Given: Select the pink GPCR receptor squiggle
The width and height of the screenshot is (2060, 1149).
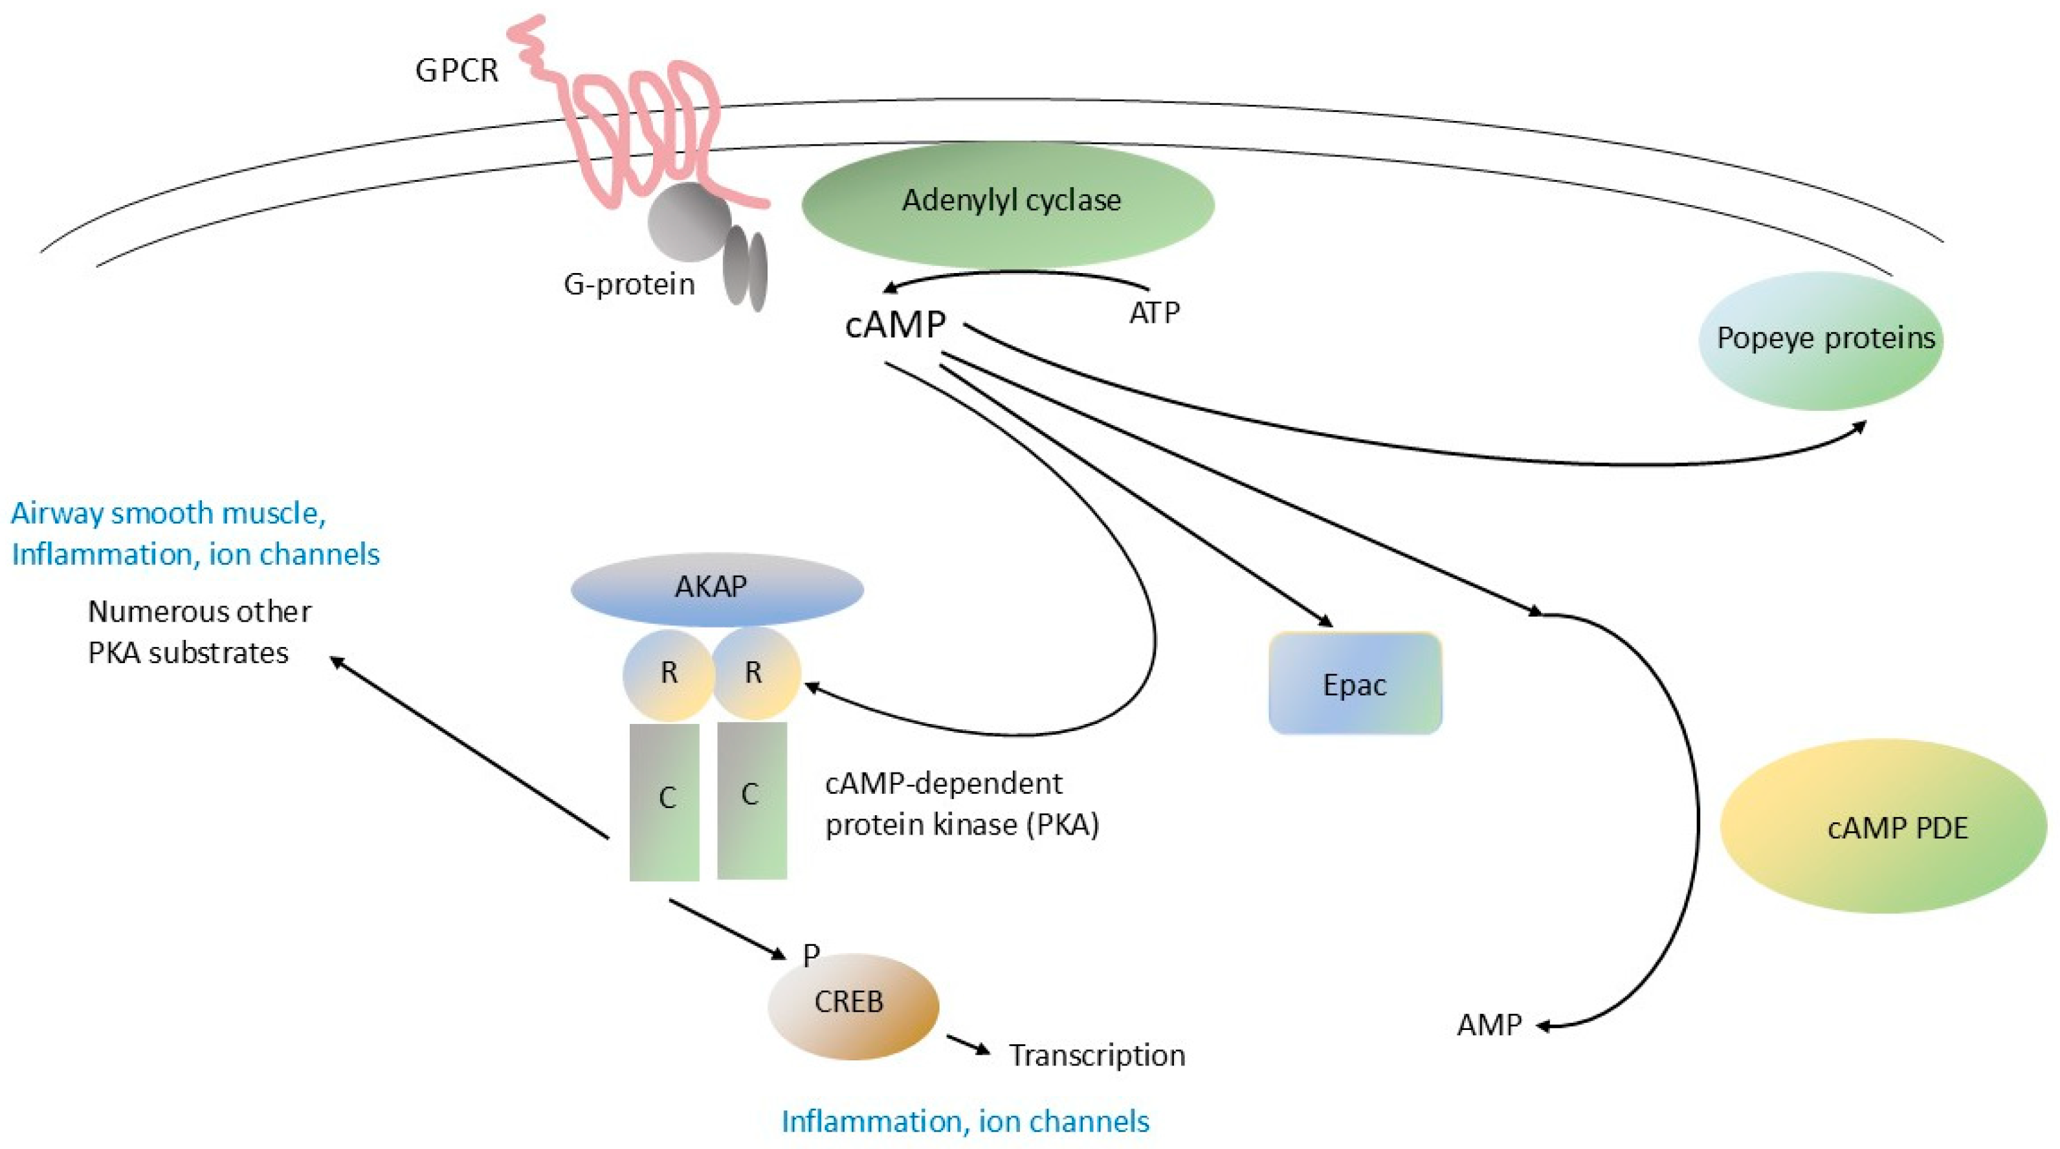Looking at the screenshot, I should click(640, 128).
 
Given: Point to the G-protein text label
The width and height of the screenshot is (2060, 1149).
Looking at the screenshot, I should click(628, 285).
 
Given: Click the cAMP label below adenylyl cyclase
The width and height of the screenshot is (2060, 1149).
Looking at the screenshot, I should click(895, 325).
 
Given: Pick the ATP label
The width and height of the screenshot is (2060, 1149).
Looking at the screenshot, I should click(1154, 312).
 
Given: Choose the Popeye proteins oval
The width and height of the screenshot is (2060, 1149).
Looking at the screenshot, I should click(1820, 340).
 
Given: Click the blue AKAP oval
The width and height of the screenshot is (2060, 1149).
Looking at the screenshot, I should click(716, 589).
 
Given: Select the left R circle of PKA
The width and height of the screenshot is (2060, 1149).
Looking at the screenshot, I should click(669, 673).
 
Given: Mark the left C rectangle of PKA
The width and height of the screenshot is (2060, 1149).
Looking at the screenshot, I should click(665, 802).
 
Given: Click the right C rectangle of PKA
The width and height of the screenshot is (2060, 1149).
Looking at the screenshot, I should click(751, 800).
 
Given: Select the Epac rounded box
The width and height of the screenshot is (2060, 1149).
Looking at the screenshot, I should click(1355, 684).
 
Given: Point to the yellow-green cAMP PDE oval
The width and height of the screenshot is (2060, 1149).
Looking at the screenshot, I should click(1883, 827).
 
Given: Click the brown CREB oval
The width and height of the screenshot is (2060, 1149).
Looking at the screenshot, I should click(852, 1006).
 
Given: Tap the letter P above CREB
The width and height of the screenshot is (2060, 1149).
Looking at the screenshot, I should click(811, 953).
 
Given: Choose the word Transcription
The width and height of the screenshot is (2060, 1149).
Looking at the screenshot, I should click(1096, 1055).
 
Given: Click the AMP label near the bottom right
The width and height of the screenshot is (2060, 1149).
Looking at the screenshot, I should click(1489, 1025).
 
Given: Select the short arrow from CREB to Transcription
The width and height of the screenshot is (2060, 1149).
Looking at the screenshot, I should click(968, 1044).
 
